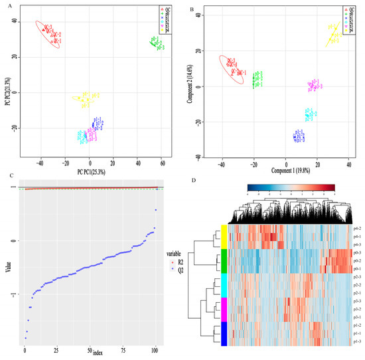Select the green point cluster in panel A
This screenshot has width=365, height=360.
[156, 43]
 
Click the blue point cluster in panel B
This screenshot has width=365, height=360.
[299, 136]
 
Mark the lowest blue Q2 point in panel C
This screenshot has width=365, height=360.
[25, 338]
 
